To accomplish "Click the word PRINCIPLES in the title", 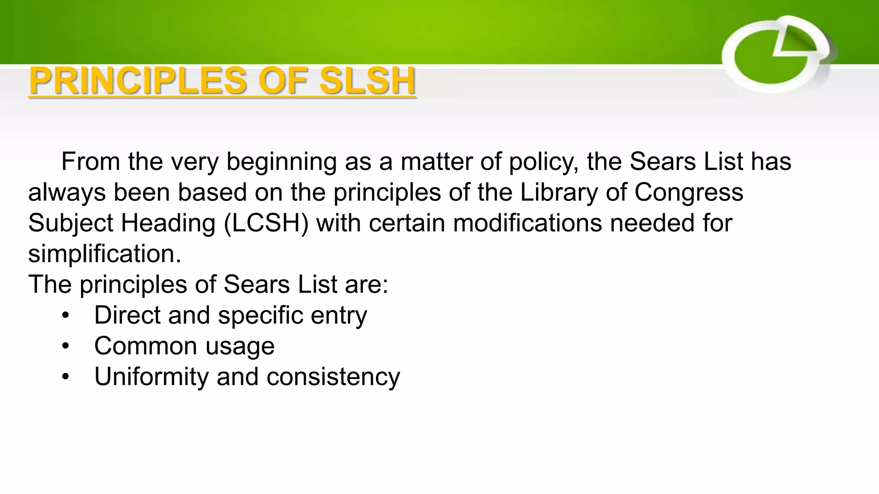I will click(x=138, y=81).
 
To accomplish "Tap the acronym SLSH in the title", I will click(x=367, y=81).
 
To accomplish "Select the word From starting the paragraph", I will click(x=91, y=162).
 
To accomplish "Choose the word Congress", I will click(x=688, y=193).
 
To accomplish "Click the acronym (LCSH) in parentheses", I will click(x=266, y=223).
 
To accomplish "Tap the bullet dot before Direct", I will click(x=65, y=316).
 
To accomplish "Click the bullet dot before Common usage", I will click(x=65, y=346).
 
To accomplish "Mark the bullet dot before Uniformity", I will click(x=65, y=377).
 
